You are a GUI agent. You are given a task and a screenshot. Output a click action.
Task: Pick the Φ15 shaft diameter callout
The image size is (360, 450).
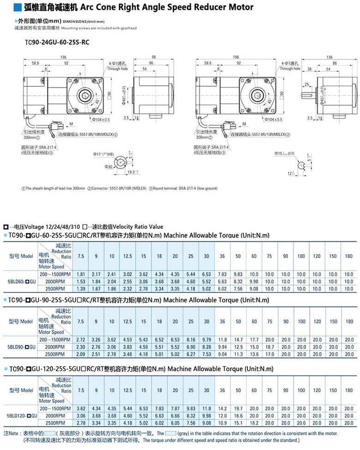point(284,153)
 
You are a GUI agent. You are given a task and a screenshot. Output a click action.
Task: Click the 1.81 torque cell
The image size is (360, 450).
point(81,274)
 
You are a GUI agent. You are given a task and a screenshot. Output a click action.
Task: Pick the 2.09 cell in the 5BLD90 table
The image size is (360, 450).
point(81,354)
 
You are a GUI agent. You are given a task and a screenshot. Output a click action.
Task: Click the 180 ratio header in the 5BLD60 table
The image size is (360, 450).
point(348,256)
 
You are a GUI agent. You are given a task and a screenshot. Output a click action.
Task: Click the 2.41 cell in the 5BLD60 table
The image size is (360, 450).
point(112,274)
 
